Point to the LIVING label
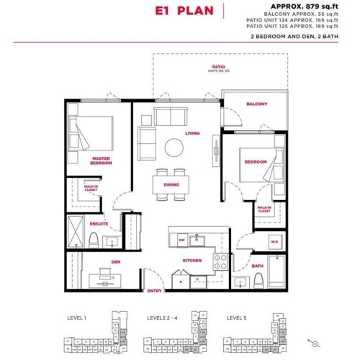pyautogui.click(x=192, y=133)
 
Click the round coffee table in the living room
pyautogui.click(x=174, y=148)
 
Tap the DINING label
pyautogui.click(x=171, y=185)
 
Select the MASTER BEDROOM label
pyautogui.click(x=101, y=160)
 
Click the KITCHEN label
pyautogui.click(x=192, y=260)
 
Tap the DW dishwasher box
pyautogui.click(x=182, y=239)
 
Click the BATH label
pyautogui.click(x=258, y=266)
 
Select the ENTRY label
pyautogui.click(x=154, y=290)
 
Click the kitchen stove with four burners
pyautogui.click(x=221, y=261)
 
